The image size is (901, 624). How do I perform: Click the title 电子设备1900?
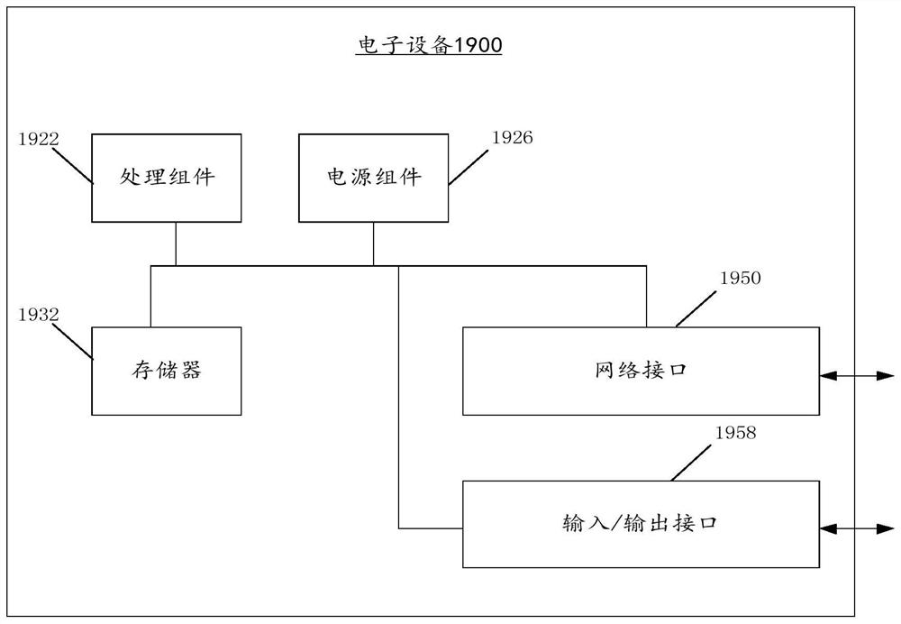tap(429, 45)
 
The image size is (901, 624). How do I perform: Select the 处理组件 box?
tap(167, 178)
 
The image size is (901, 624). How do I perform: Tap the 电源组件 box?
tap(374, 178)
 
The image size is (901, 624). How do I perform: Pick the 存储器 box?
tap(167, 371)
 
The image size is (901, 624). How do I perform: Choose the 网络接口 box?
tap(641, 371)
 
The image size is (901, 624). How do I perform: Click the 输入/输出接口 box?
tap(641, 524)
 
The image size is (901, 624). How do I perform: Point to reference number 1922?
tap(39, 139)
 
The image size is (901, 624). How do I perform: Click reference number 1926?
tap(513, 137)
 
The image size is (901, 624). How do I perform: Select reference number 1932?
tap(39, 315)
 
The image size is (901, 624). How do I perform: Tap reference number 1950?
tap(740, 278)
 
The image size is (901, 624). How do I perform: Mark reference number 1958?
tap(735, 433)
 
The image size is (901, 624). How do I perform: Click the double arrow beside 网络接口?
tap(857, 376)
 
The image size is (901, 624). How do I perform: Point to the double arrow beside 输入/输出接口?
tap(857, 528)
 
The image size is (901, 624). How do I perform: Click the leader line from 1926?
tap(469, 168)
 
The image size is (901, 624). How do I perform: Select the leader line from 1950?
tap(696, 308)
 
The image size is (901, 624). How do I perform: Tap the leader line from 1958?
tap(691, 463)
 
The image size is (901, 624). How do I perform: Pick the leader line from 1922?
tap(72, 166)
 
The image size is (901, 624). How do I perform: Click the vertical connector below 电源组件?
tap(374, 243)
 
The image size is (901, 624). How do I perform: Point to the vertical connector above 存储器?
tap(151, 296)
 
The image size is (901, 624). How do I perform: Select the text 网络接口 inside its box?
tap(641, 370)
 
